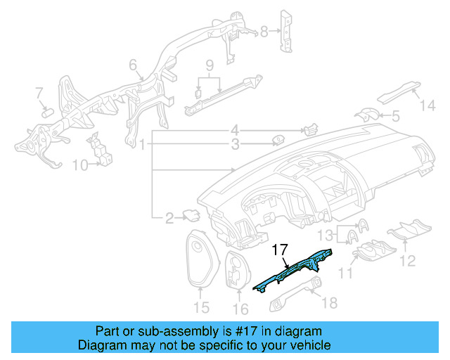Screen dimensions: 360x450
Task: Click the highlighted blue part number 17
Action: pyautogui.click(x=292, y=271)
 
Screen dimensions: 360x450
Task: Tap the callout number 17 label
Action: pyautogui.click(x=281, y=248)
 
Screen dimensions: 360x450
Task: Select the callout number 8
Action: pyautogui.click(x=264, y=31)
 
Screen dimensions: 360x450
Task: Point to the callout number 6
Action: pyautogui.click(x=131, y=65)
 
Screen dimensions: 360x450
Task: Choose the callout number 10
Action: pyautogui.click(x=81, y=166)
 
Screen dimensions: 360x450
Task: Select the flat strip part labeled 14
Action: pyautogui.click(x=398, y=91)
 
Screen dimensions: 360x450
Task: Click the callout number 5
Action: pyautogui.click(x=395, y=116)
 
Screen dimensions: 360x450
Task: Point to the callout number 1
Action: pyautogui.click(x=142, y=146)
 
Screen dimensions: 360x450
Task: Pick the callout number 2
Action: pyautogui.click(x=169, y=219)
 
